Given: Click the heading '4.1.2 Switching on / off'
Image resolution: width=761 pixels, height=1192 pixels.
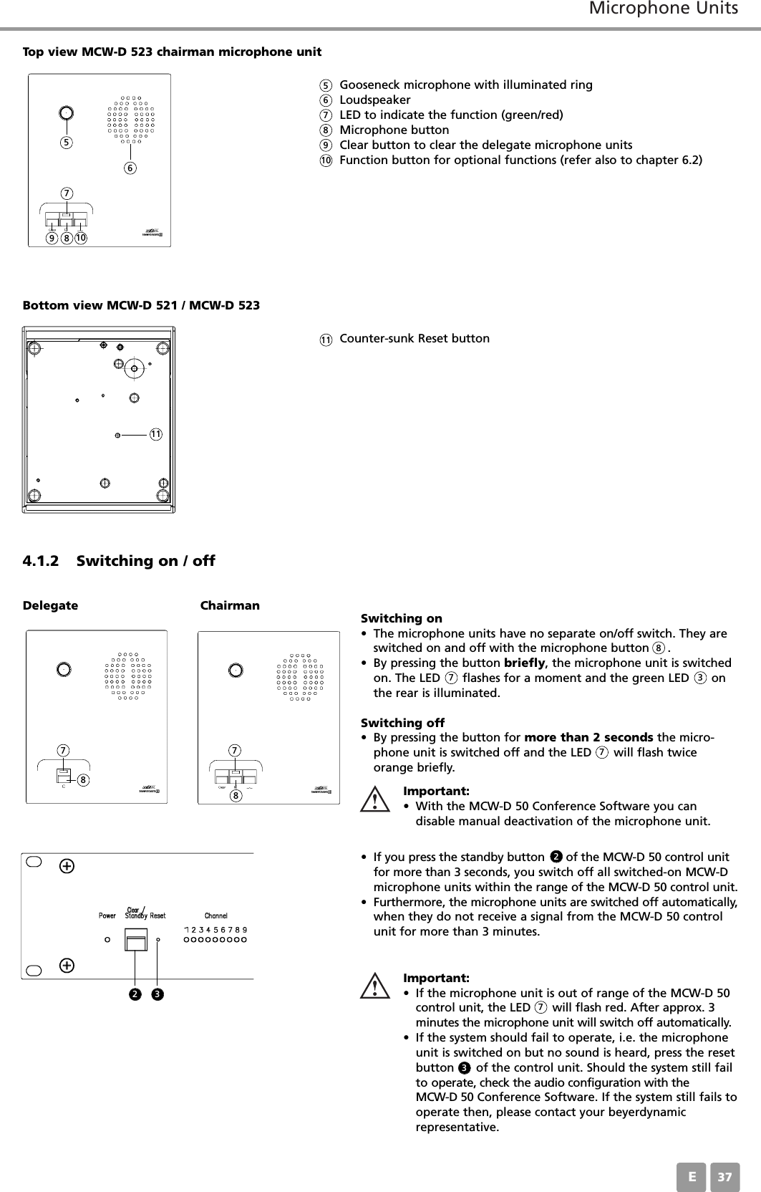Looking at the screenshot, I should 119,560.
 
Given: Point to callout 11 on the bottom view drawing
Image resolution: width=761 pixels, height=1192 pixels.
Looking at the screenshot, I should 155,434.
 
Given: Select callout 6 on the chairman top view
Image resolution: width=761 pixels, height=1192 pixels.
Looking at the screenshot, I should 130,168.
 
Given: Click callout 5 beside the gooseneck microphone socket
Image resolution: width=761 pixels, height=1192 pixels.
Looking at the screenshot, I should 66,142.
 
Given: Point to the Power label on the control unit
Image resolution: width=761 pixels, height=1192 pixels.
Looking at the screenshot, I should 107,915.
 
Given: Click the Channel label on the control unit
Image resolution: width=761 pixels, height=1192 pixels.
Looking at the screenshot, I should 216,915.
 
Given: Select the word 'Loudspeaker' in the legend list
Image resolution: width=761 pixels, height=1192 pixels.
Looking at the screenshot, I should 375,100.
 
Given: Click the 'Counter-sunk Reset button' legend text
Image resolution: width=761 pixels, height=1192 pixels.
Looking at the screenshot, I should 415,338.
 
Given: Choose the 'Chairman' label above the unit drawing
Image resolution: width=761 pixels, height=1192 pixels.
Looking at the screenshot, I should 230,605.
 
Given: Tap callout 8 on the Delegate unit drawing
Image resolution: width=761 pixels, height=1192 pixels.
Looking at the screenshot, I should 84,778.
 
